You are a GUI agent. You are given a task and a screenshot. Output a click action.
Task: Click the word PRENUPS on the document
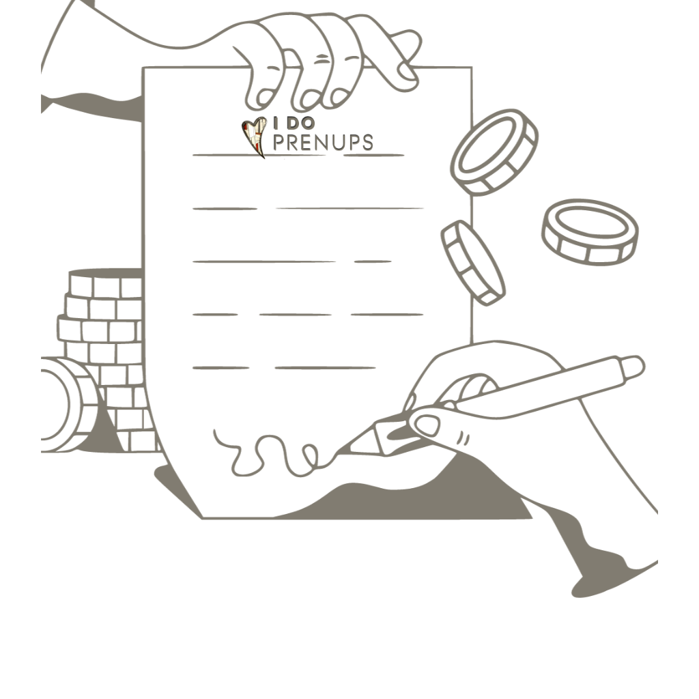point(323,142)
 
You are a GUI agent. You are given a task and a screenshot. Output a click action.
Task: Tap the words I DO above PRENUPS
point(294,123)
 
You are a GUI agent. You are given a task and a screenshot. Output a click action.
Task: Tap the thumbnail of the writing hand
point(426,425)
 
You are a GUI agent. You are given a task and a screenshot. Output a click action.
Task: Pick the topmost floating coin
point(494,152)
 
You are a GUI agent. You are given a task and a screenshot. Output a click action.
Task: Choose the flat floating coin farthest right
point(590,232)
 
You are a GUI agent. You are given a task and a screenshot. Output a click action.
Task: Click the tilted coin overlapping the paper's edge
point(472,263)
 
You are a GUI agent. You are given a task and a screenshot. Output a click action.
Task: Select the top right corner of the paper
point(472,68)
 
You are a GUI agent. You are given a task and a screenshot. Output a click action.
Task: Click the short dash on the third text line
point(373,261)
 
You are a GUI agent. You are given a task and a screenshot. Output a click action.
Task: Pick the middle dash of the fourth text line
point(295,315)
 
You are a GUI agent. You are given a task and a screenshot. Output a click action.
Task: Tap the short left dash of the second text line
point(225,209)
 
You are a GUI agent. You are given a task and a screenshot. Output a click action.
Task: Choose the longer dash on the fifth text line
point(326,368)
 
